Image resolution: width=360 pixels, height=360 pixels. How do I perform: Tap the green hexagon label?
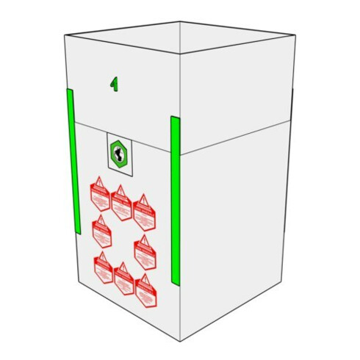(x=118, y=154)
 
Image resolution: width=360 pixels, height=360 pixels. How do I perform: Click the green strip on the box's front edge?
(x=176, y=200)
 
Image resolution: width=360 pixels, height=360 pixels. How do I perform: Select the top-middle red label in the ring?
(x=120, y=201)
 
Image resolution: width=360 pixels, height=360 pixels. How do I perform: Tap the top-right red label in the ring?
(x=143, y=210)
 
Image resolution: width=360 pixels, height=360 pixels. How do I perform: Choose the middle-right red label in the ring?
(x=145, y=252)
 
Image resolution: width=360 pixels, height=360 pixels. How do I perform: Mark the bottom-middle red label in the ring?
(x=123, y=278)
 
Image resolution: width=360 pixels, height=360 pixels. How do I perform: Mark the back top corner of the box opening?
(x=182, y=20)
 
